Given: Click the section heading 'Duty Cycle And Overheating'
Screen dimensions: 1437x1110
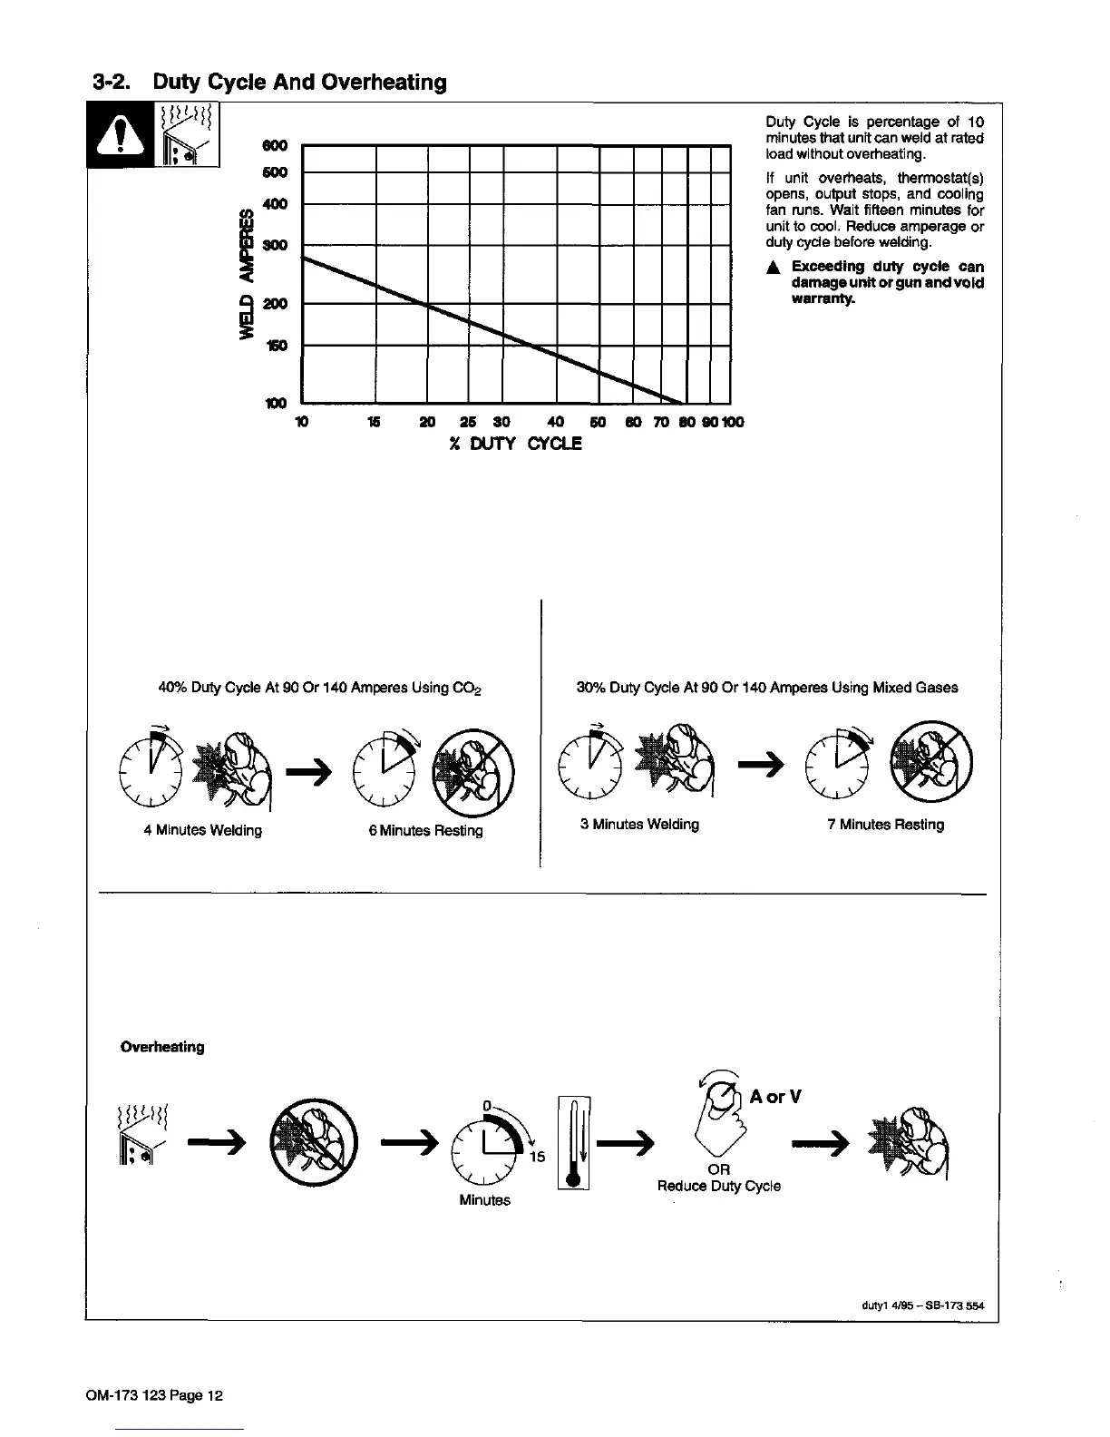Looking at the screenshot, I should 299,83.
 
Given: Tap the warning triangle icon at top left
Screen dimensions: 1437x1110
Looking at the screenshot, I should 120,139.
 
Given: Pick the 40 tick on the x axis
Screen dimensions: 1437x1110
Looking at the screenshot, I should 557,422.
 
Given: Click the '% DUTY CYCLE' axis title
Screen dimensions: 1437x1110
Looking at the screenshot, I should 514,444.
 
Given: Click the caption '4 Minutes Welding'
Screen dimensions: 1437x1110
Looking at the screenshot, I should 203,830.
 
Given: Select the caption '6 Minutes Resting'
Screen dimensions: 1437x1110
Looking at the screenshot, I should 425,830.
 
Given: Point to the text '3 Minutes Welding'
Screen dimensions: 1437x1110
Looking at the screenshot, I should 639,824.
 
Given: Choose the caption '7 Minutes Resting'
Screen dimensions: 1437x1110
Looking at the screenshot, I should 885,824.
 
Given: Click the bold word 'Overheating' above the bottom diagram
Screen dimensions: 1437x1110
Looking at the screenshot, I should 162,1047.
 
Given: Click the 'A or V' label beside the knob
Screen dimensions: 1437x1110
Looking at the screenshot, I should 775,1097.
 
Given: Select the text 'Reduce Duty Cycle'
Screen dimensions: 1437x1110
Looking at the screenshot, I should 718,1186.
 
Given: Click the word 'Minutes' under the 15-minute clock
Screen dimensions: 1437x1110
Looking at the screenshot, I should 484,1200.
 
